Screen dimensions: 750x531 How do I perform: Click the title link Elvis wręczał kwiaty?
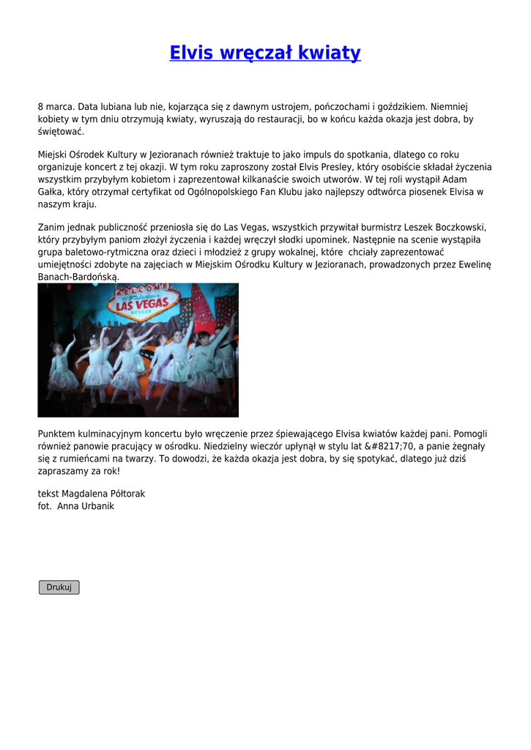[265, 53]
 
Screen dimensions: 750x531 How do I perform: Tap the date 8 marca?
[55, 106]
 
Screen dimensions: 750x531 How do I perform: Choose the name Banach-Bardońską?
[78, 277]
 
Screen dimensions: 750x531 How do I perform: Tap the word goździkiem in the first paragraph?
[401, 106]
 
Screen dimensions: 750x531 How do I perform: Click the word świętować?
[61, 131]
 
